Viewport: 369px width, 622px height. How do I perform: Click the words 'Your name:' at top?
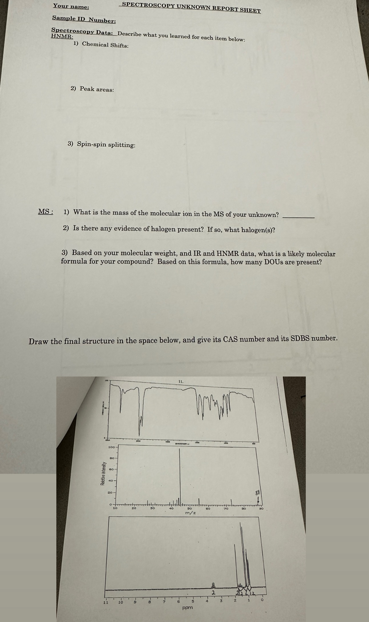71,6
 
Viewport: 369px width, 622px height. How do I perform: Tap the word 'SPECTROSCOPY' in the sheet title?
148,5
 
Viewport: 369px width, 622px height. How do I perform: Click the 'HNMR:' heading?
62,37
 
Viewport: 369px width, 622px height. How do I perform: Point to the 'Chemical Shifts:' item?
105,45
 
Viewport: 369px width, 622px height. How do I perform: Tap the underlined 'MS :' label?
45,212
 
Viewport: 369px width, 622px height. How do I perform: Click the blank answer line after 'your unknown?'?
298,217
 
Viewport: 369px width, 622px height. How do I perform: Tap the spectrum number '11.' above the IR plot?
181,381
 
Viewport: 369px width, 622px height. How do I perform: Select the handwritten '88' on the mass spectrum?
258,493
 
